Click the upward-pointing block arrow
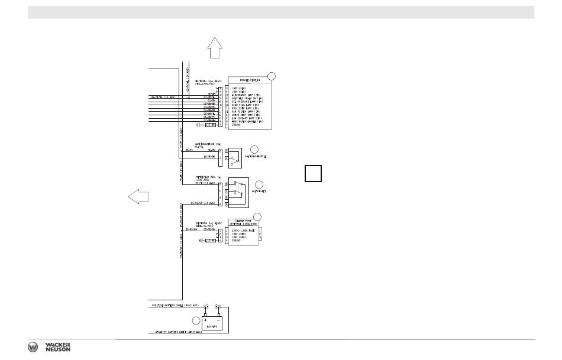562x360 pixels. [215, 47]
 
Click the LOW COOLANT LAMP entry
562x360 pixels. [247, 119]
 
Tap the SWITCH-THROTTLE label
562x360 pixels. [256, 157]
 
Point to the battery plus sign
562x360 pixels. [206, 319]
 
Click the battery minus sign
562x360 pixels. [218, 319]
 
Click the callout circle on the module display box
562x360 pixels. [272, 75]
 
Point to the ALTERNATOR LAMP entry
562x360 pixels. [248, 94]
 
